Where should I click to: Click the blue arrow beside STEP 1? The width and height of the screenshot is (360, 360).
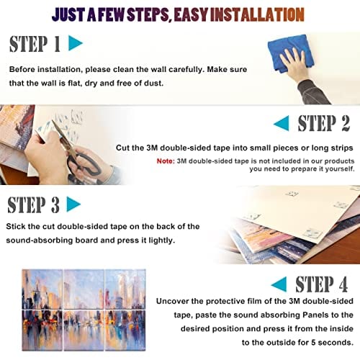[x=74, y=43]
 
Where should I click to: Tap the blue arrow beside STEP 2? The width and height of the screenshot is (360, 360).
[x=282, y=123]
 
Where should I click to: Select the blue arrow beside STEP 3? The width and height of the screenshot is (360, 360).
[x=72, y=204]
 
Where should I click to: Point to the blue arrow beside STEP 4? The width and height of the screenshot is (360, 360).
[x=280, y=284]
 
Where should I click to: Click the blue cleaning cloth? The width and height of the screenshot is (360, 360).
[x=290, y=53]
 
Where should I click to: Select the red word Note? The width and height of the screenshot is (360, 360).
[x=166, y=161]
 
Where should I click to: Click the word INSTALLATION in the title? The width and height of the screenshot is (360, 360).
[x=257, y=14]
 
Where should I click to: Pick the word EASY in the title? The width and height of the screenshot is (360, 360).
[x=191, y=14]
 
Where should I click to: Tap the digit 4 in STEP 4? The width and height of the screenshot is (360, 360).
[x=343, y=284]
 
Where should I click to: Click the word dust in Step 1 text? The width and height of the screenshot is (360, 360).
[x=154, y=83]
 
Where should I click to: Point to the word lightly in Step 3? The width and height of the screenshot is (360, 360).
[x=161, y=240]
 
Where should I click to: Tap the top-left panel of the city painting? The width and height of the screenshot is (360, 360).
[x=42, y=289]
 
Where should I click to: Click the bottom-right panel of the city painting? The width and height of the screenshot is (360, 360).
[x=125, y=330]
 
